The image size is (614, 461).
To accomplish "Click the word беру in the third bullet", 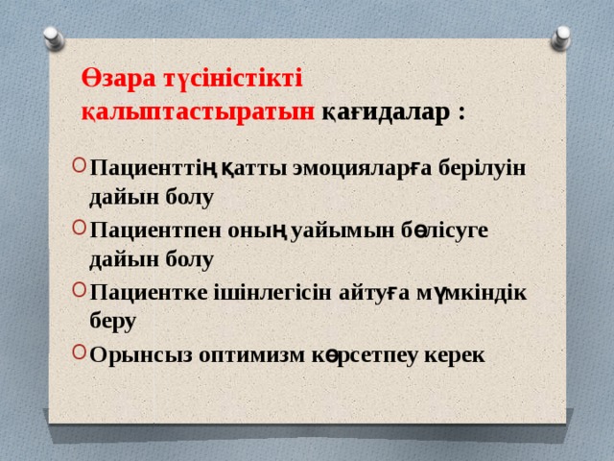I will pyautogui.click(x=113, y=322).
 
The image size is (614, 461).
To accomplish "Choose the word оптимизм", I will pyautogui.click(x=252, y=354).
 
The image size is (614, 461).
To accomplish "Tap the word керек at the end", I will pyautogui.click(x=454, y=354).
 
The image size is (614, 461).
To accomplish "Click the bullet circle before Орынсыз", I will pyautogui.click(x=77, y=352).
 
